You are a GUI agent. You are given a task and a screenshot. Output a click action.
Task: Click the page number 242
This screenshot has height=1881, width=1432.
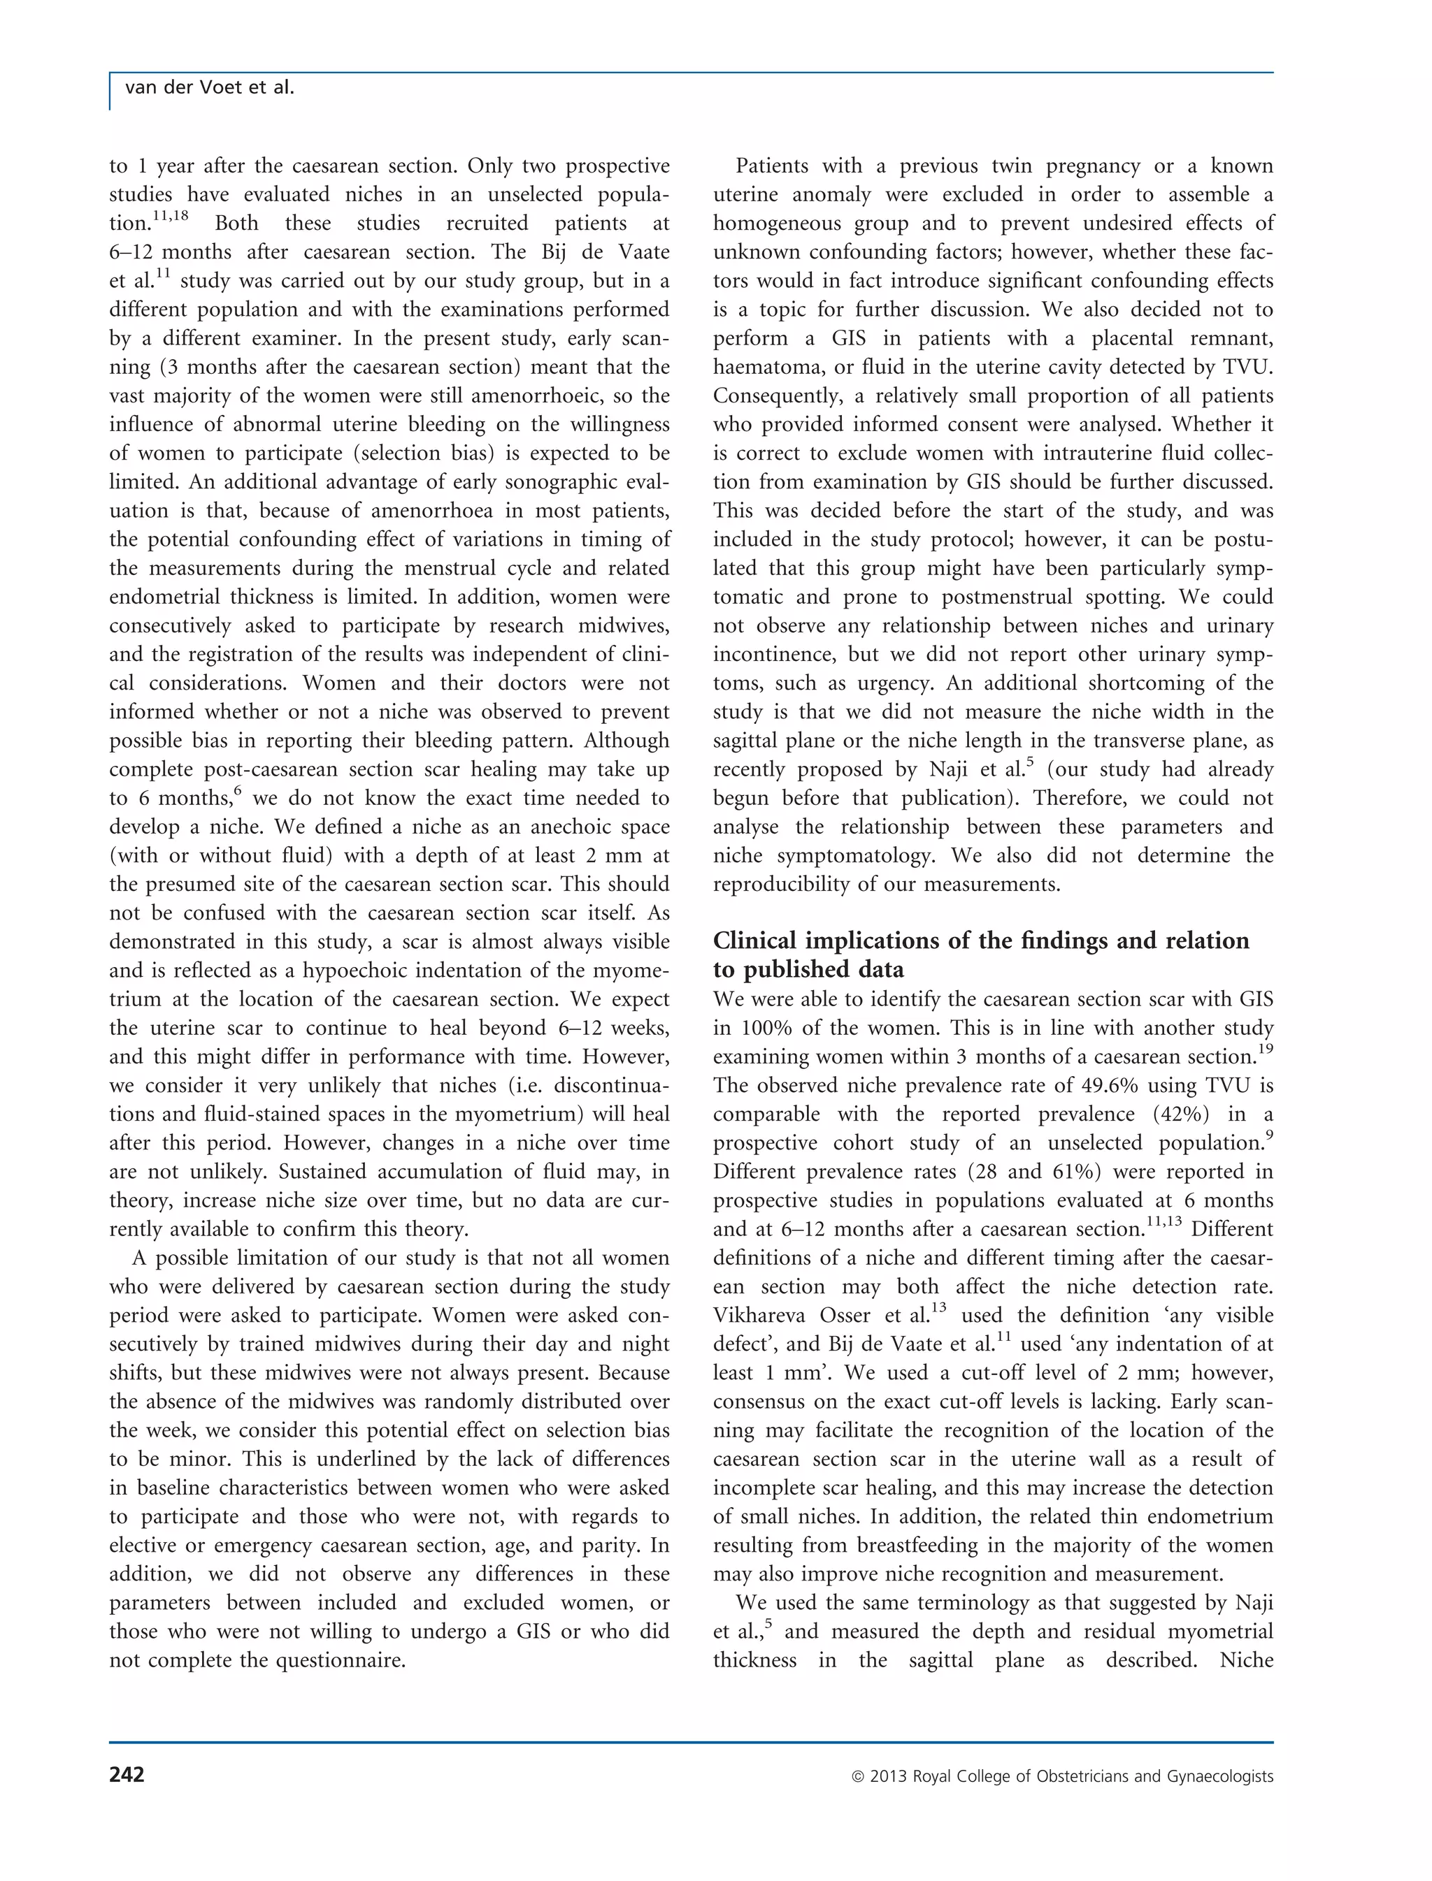(x=127, y=1775)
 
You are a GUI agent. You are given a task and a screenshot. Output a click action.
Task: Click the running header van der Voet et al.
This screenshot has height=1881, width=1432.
(x=209, y=88)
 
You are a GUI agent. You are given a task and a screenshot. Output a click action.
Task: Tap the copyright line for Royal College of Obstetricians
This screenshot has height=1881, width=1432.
(x=1062, y=1776)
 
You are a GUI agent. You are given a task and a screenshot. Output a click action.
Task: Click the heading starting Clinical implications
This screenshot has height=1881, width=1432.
(x=980, y=940)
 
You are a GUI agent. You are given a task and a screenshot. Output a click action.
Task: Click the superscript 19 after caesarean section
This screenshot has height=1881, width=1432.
(x=1265, y=1050)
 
